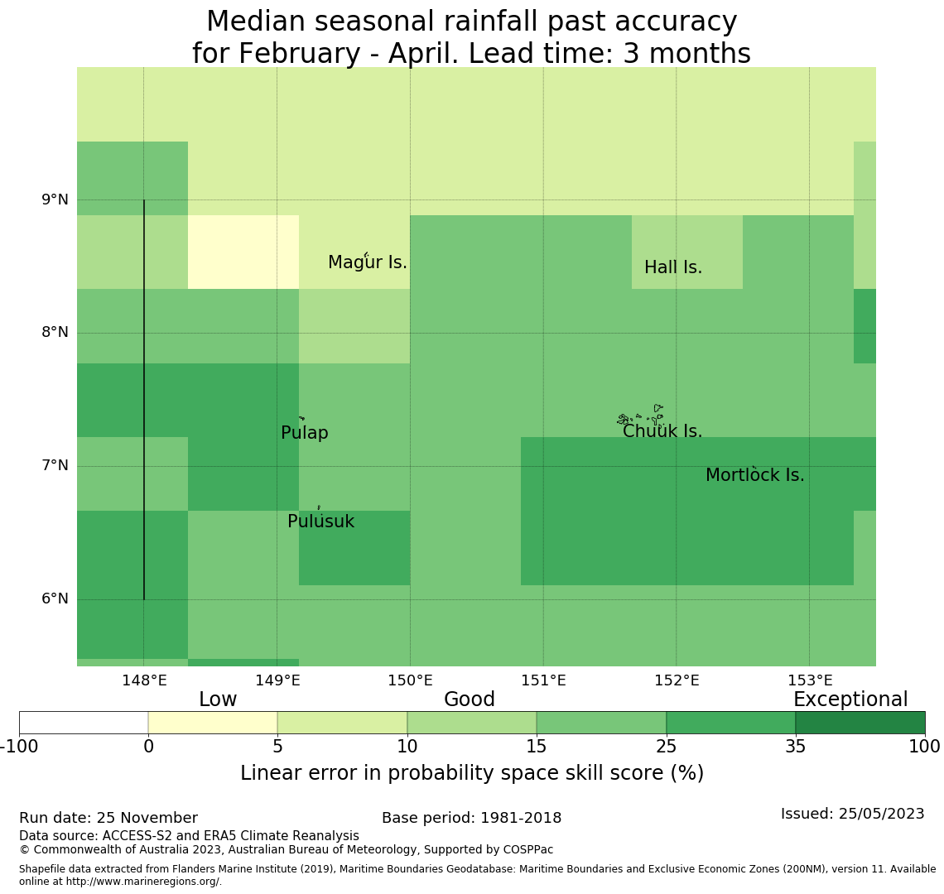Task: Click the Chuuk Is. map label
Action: coord(662,432)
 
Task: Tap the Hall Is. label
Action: coord(673,268)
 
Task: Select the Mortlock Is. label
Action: coord(754,476)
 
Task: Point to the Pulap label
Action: coord(305,434)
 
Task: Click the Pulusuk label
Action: coord(320,522)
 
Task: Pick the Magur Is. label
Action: coord(368,263)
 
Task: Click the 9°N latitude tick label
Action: coord(55,199)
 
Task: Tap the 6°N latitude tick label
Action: coord(55,598)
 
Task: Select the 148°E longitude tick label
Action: coord(144,681)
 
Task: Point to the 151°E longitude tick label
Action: coord(543,681)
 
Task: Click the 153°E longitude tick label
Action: coord(810,681)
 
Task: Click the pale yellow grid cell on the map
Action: coord(243,252)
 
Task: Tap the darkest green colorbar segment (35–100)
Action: coord(860,723)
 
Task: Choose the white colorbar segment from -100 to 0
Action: coord(84,723)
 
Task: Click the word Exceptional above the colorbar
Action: coord(850,700)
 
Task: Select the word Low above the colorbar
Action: coord(218,700)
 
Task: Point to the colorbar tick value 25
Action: coord(666,747)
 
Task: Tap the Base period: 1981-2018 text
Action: coord(471,819)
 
